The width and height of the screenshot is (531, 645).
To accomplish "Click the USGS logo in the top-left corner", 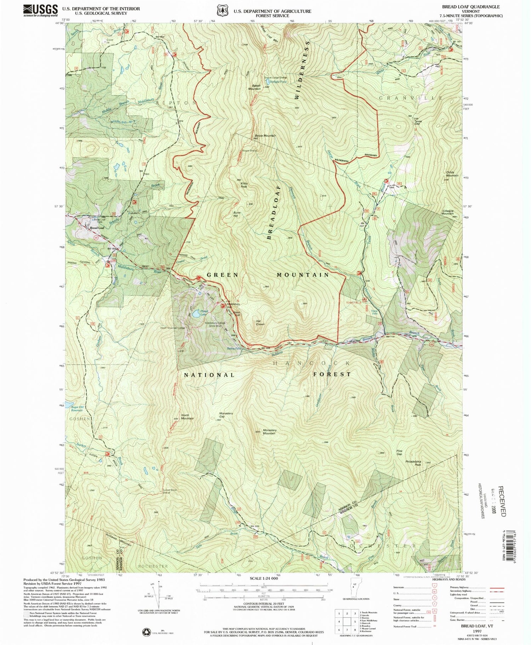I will [40, 10].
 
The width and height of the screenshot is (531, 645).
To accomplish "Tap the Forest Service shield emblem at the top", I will [222, 11].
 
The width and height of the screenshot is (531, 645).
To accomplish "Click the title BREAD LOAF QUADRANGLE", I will [470, 7].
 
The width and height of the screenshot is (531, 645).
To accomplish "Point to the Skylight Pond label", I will [278, 81].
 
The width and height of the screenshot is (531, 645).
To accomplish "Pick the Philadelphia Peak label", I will [413, 463].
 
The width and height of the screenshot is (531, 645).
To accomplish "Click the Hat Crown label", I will [260, 323].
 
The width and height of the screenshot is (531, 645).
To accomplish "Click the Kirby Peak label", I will [244, 185].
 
